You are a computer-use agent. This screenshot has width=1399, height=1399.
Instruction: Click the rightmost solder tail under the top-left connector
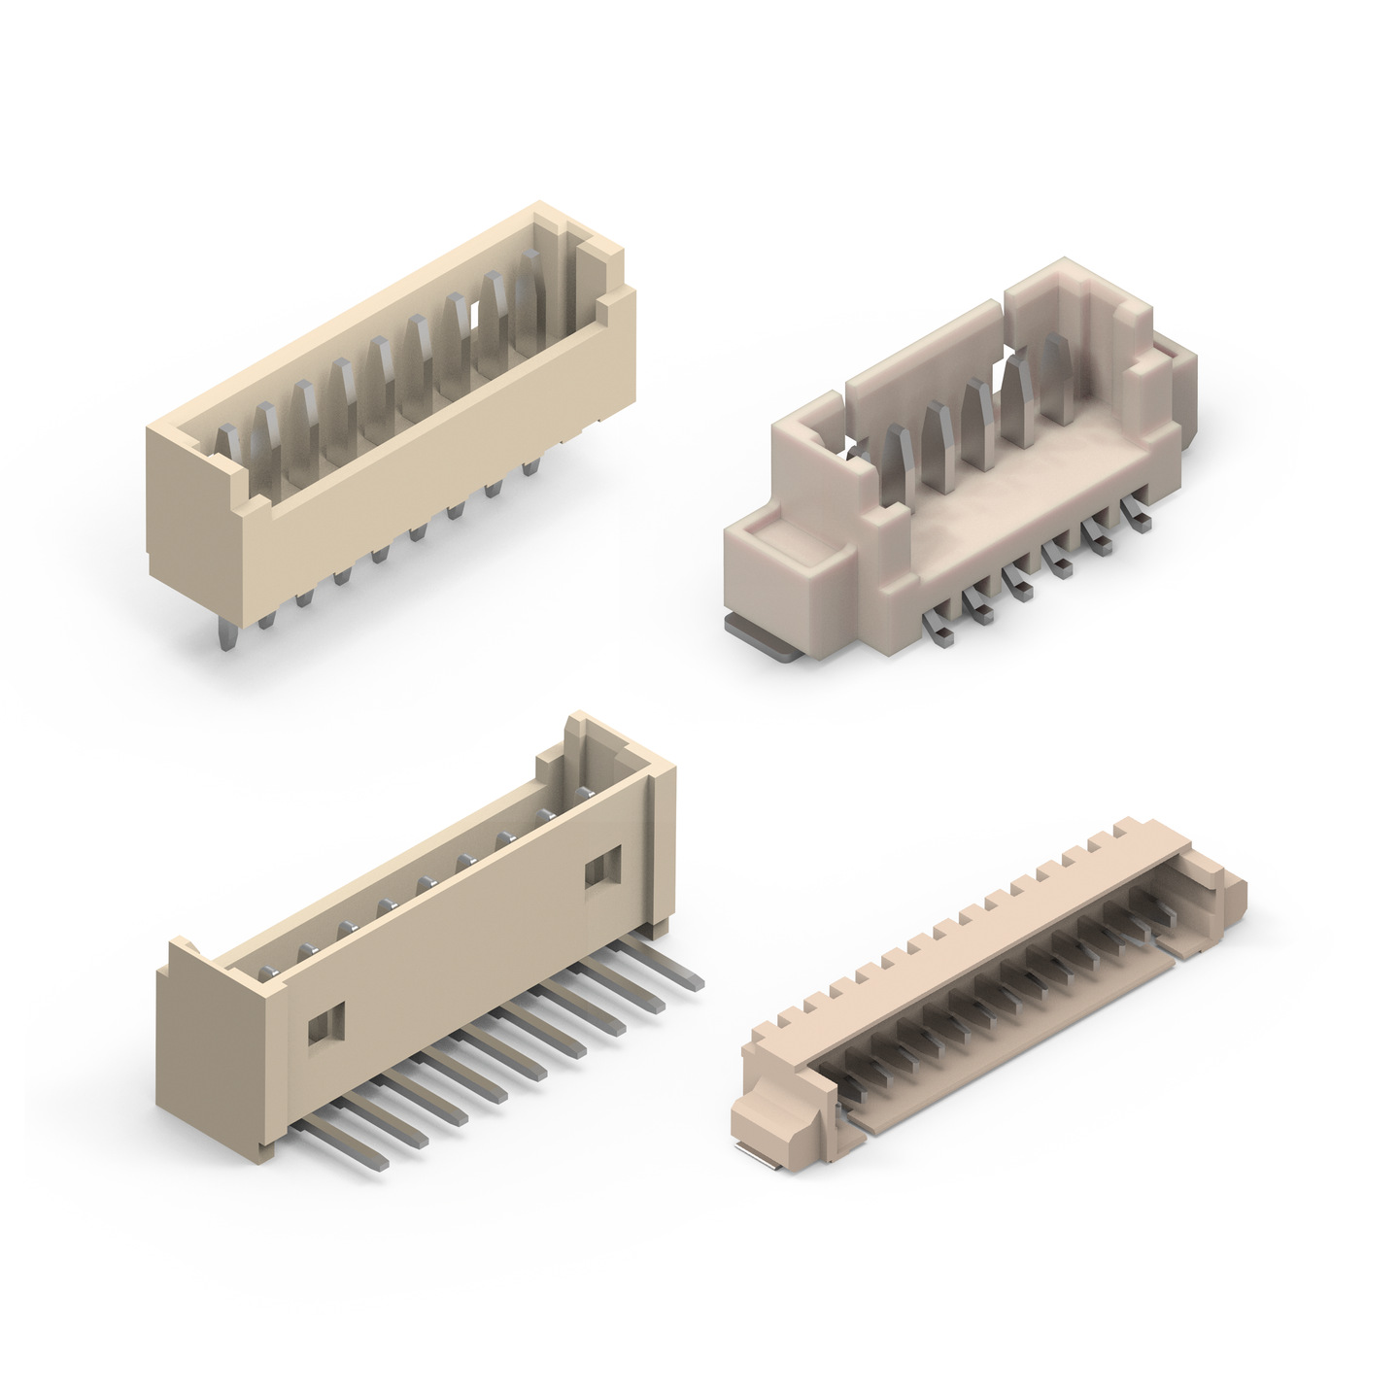(530, 467)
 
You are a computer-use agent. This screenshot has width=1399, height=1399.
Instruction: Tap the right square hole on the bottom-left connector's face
(602, 865)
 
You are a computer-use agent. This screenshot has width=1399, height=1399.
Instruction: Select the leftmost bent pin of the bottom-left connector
(350, 1146)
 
